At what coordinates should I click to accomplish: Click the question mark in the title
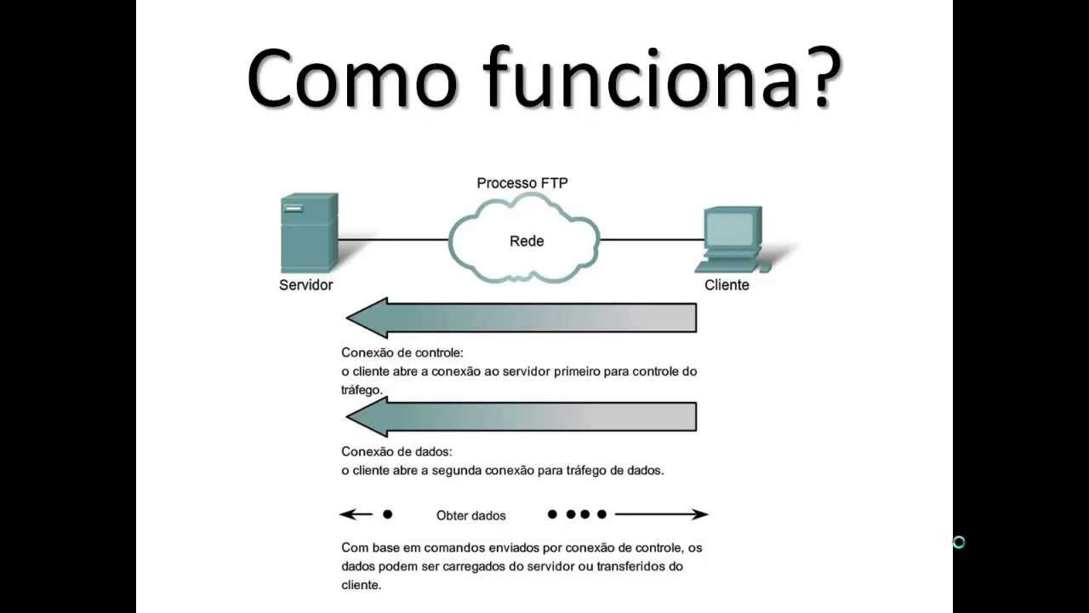(816, 77)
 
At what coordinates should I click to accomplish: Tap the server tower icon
(309, 232)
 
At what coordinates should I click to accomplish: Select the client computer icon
(731, 239)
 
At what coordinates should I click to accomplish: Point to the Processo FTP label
(522, 183)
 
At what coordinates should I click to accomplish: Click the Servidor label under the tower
(305, 285)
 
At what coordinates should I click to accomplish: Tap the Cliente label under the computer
(727, 285)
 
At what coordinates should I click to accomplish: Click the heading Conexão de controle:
(402, 352)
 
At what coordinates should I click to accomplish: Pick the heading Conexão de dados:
(396, 451)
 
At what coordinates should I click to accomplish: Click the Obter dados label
(470, 515)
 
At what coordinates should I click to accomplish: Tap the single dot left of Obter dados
(388, 514)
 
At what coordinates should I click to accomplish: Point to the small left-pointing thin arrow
(356, 514)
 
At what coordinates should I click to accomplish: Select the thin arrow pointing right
(662, 514)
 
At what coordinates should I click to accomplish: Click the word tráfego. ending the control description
(362, 389)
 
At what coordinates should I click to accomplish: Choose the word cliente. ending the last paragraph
(361, 585)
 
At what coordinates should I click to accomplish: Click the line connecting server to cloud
(393, 240)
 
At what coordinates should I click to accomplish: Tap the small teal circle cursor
(959, 542)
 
